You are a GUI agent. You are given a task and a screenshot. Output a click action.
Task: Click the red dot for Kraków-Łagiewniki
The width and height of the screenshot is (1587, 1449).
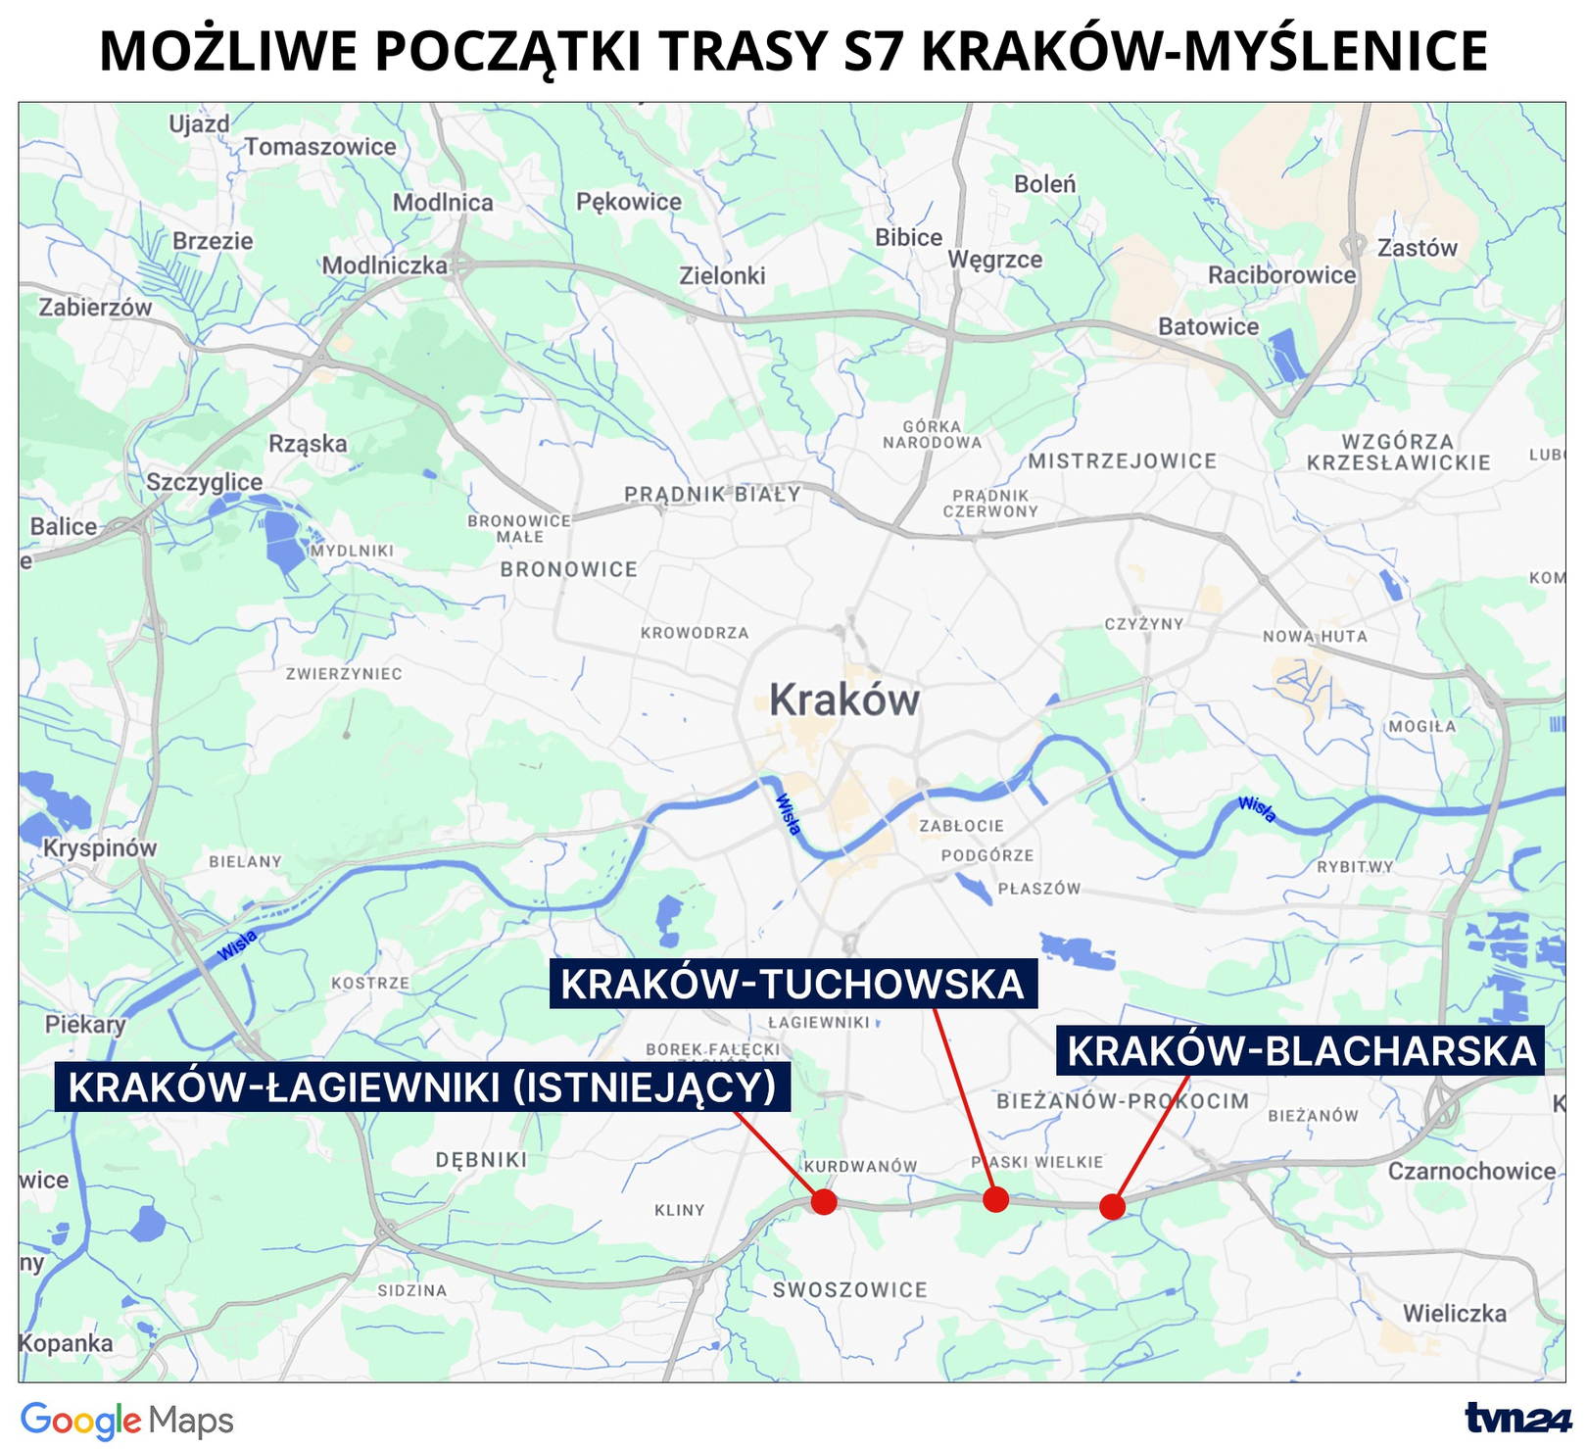pyautogui.click(x=824, y=1201)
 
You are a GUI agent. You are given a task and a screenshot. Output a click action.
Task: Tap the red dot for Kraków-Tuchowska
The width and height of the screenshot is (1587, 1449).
pyautogui.click(x=995, y=1198)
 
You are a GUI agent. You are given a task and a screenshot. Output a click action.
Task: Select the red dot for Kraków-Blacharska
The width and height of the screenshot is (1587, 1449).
pyautogui.click(x=1112, y=1206)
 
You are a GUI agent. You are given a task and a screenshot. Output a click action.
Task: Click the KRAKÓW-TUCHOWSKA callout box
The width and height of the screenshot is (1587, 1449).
pyautogui.click(x=792, y=984)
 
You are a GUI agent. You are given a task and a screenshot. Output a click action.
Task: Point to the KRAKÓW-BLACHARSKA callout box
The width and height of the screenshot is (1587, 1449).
pyautogui.click(x=1301, y=1051)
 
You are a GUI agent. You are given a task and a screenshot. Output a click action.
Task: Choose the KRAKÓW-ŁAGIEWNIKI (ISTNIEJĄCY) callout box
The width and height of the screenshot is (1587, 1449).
pyautogui.click(x=422, y=1087)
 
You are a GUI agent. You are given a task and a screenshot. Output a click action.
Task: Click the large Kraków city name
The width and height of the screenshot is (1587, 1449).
pyautogui.click(x=844, y=700)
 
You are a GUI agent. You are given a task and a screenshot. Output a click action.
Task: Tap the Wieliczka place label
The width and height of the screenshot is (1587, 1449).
pyautogui.click(x=1454, y=1313)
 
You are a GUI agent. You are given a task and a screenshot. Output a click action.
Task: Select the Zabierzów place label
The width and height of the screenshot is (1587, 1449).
pyautogui.click(x=96, y=308)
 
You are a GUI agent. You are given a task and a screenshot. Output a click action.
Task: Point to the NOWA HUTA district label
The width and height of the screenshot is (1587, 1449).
pyautogui.click(x=1315, y=636)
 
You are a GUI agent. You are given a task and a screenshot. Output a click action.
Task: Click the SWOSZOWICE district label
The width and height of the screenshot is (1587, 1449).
pyautogui.click(x=849, y=1289)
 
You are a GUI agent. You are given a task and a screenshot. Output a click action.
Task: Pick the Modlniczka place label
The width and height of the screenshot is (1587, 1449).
pyautogui.click(x=384, y=266)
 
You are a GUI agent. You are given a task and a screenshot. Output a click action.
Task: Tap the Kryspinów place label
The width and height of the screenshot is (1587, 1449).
pyautogui.click(x=99, y=847)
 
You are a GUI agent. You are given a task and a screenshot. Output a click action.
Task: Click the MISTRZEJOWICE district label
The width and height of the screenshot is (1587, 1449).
pyautogui.click(x=1122, y=460)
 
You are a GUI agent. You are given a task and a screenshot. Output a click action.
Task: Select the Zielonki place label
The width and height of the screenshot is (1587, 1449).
pyautogui.click(x=722, y=276)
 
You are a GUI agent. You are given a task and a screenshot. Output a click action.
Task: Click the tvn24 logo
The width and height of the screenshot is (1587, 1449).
pyautogui.click(x=1516, y=1418)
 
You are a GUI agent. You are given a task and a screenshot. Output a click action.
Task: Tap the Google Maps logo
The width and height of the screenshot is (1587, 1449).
pyautogui.click(x=127, y=1421)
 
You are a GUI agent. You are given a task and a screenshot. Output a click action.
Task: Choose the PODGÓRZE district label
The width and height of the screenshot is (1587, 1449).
pyautogui.click(x=987, y=855)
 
